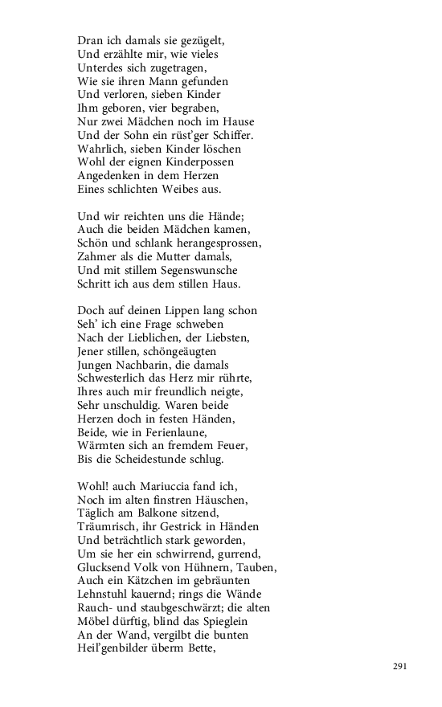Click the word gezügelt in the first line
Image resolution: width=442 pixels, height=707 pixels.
[198, 40]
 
